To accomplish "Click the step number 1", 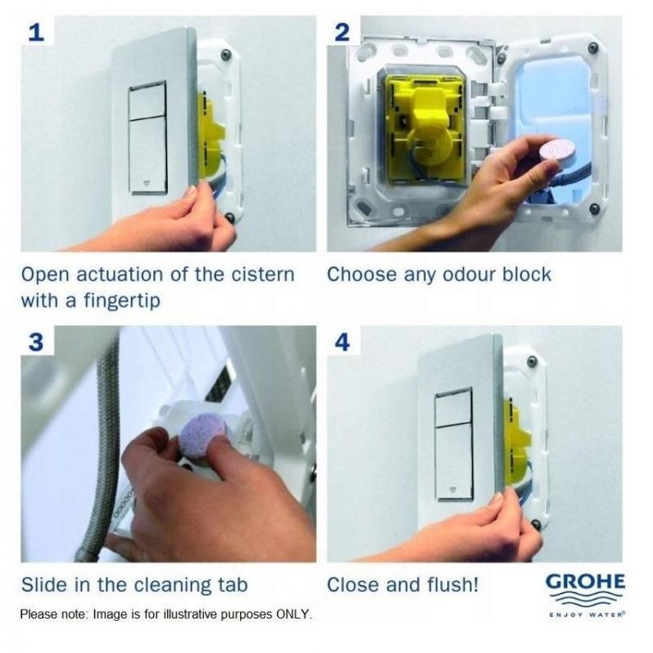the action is click(x=36, y=33).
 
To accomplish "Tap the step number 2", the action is click(x=342, y=33).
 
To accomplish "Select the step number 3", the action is click(x=36, y=342).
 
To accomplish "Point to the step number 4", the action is click(x=342, y=342).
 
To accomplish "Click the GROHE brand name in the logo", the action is click(x=585, y=582).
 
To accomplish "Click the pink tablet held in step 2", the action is click(x=550, y=150).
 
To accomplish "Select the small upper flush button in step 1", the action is click(x=147, y=102).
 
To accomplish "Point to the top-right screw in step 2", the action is click(x=594, y=48).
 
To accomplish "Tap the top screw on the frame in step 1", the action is click(x=226, y=54).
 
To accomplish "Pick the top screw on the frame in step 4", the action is click(x=532, y=361).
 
